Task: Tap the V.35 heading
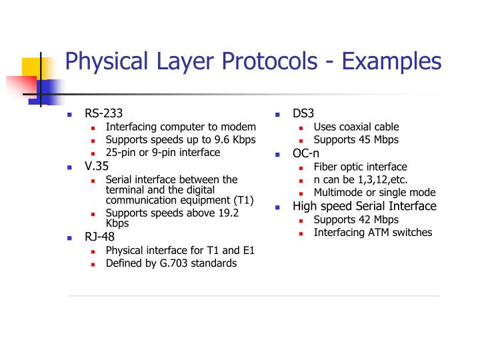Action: [x=97, y=166]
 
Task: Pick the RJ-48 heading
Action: [x=99, y=237]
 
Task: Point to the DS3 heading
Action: [x=303, y=113]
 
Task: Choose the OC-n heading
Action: [x=306, y=153]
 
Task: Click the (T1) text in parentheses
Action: [x=243, y=200]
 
